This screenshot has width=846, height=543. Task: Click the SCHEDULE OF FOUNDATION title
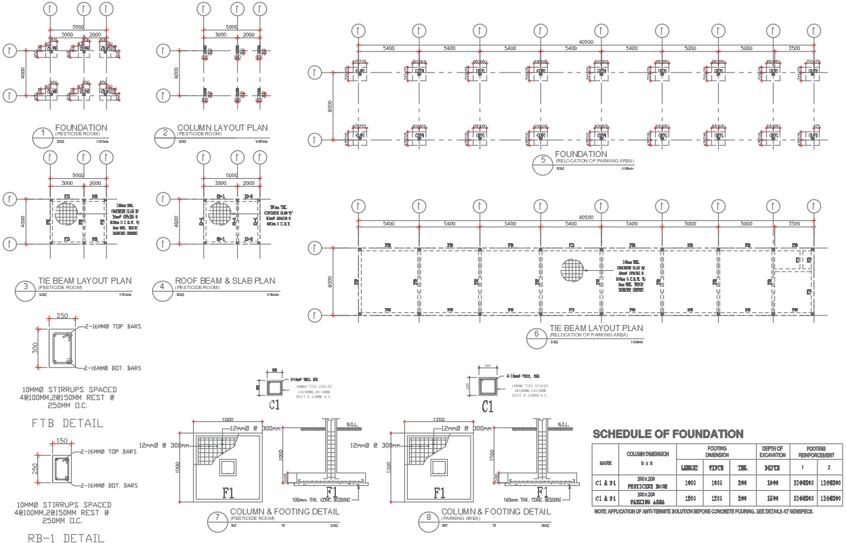[668, 434]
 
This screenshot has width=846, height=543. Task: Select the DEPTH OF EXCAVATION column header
[771, 452]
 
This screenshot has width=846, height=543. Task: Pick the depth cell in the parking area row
[771, 498]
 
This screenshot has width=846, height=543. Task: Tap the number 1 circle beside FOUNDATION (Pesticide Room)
[43, 133]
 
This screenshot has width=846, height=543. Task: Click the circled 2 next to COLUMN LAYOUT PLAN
[165, 133]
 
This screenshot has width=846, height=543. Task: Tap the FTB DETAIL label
[68, 423]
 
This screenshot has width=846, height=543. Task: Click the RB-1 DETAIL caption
[66, 539]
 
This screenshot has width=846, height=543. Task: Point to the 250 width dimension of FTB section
[62, 316]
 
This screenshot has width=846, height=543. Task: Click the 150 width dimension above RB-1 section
[62, 441]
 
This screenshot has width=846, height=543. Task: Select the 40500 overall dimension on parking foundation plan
[586, 42]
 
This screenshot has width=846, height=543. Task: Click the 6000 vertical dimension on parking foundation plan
[330, 104]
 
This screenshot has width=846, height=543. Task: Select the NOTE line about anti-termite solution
[703, 512]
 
